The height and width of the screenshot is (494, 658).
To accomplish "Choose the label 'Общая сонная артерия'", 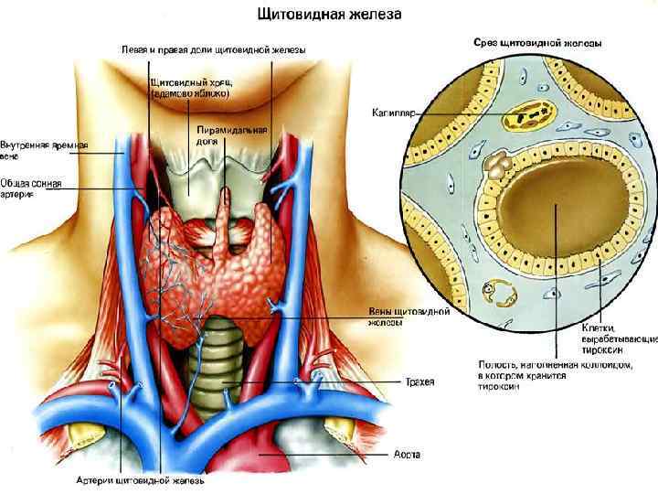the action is (31, 188).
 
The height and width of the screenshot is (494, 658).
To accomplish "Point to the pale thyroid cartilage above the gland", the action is (196, 179).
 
